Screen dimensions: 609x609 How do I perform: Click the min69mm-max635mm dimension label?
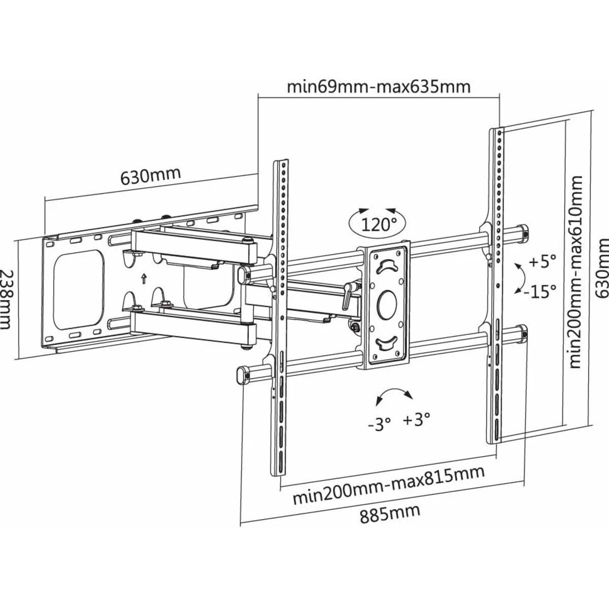pyautogui.click(x=379, y=86)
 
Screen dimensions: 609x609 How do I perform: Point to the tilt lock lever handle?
pyautogui.click(x=347, y=297)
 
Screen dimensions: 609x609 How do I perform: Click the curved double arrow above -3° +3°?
pyautogui.click(x=394, y=392)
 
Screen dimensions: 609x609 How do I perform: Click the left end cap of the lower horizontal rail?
pyautogui.click(x=243, y=376)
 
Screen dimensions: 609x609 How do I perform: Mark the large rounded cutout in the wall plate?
pyautogui.click(x=79, y=290)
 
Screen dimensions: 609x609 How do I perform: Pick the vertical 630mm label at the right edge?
pyautogui.click(x=602, y=272)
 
